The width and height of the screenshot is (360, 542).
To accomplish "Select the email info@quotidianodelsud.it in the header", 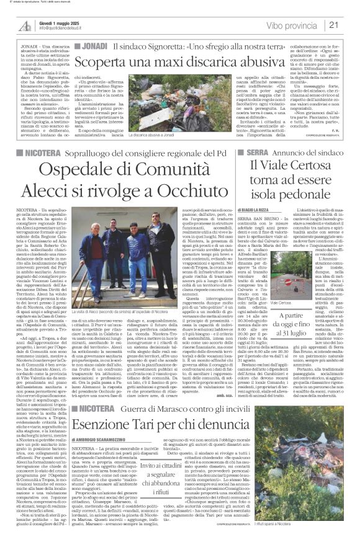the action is click(66, 29).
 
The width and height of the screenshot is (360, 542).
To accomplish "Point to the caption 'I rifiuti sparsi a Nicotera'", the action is click(329, 524).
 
